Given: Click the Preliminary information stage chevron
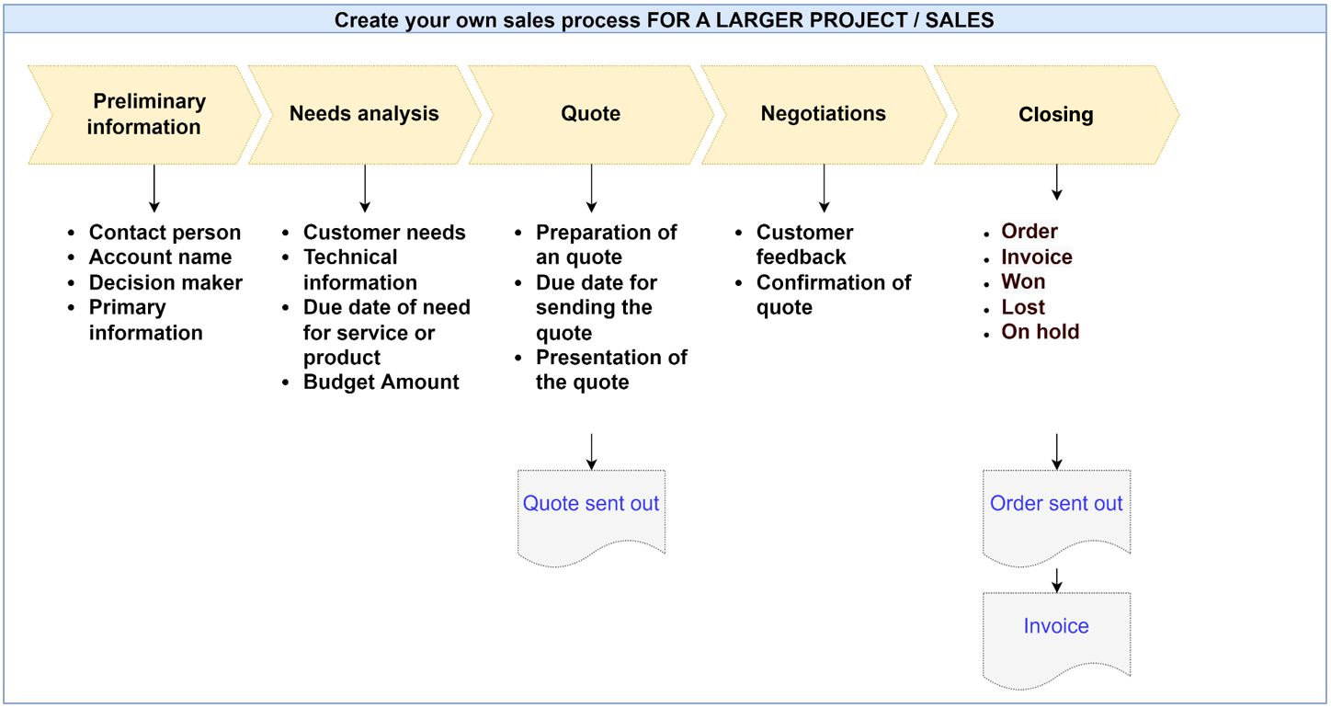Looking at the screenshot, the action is click(144, 115).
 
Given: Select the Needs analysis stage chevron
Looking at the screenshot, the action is click(365, 115).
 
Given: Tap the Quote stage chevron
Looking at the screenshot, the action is click(591, 115).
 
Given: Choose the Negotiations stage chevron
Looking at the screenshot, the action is click(824, 115).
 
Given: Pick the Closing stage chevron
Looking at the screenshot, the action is click(1056, 115).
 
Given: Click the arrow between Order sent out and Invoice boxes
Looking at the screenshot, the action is click(1056, 580).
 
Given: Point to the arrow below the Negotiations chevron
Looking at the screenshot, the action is click(825, 188).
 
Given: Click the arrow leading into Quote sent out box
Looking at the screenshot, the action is click(591, 451).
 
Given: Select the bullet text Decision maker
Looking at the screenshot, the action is click(165, 282).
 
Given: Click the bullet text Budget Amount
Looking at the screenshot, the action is click(381, 382).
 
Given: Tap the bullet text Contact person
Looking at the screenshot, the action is click(165, 233).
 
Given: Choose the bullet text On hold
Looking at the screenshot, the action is click(1040, 332).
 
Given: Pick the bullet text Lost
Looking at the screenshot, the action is click(1023, 307).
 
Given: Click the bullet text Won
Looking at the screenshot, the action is click(1023, 281).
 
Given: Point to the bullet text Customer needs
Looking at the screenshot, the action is click(384, 233).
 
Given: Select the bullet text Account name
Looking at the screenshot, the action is click(161, 257).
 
